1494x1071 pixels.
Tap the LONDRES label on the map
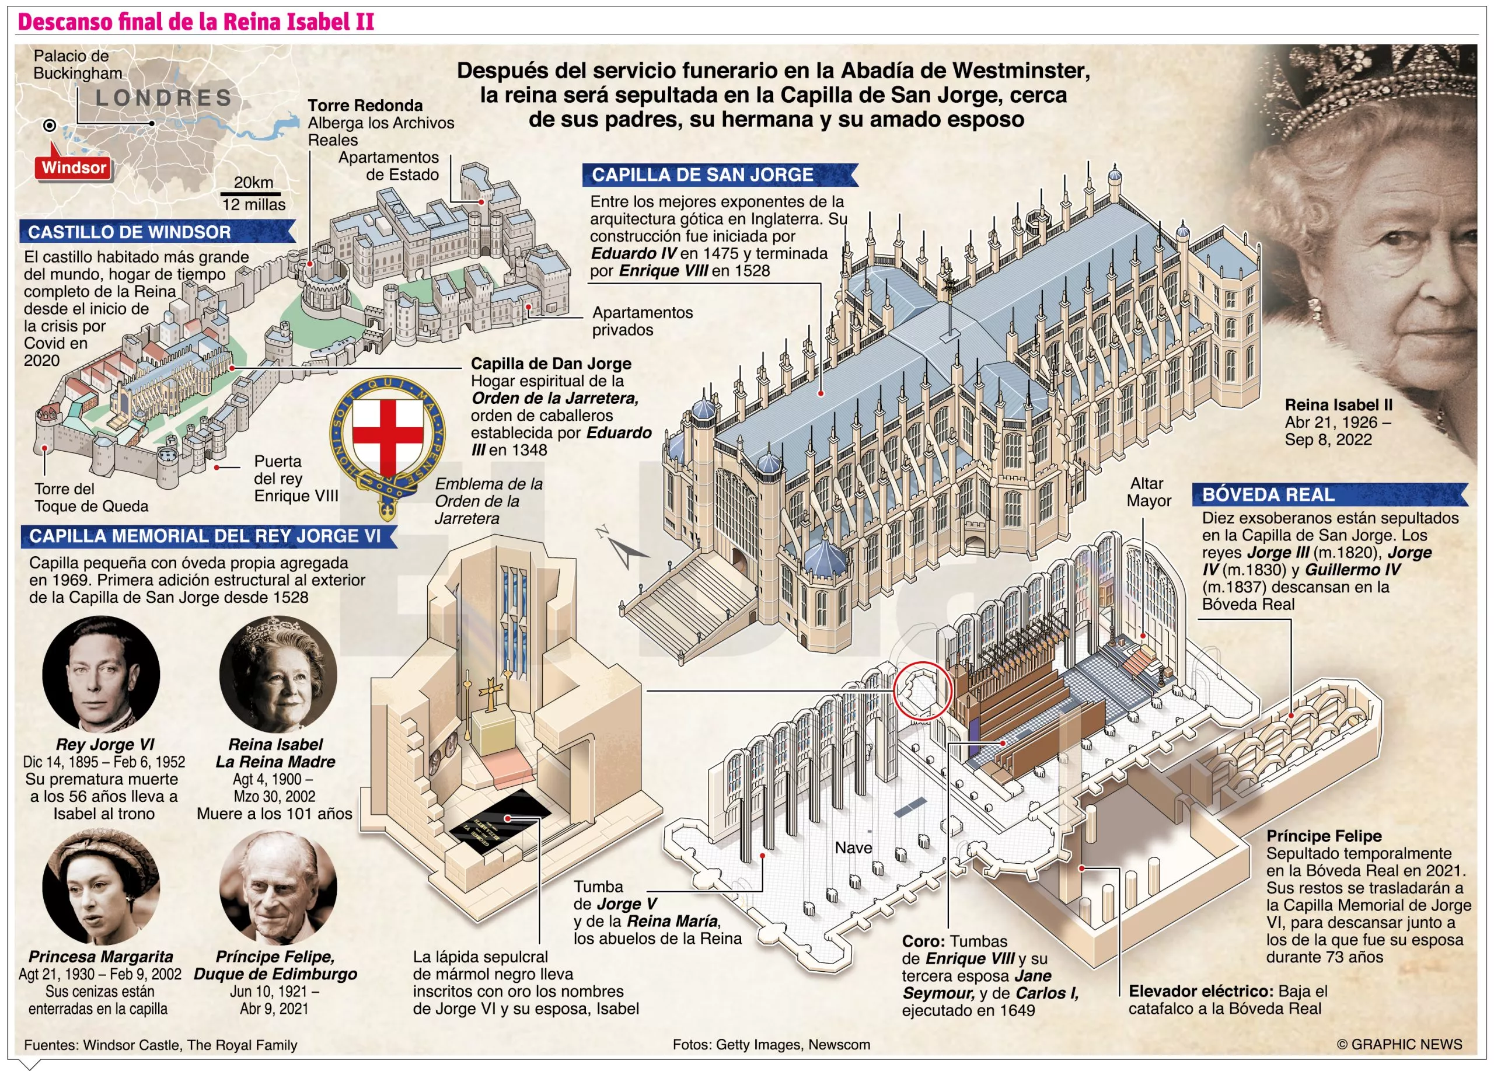coord(164,98)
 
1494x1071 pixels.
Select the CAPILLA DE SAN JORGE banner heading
coord(720,175)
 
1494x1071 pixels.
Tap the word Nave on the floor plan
coord(853,847)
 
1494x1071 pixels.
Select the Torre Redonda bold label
coord(365,106)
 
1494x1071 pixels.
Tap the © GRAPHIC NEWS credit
coord(1400,1044)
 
